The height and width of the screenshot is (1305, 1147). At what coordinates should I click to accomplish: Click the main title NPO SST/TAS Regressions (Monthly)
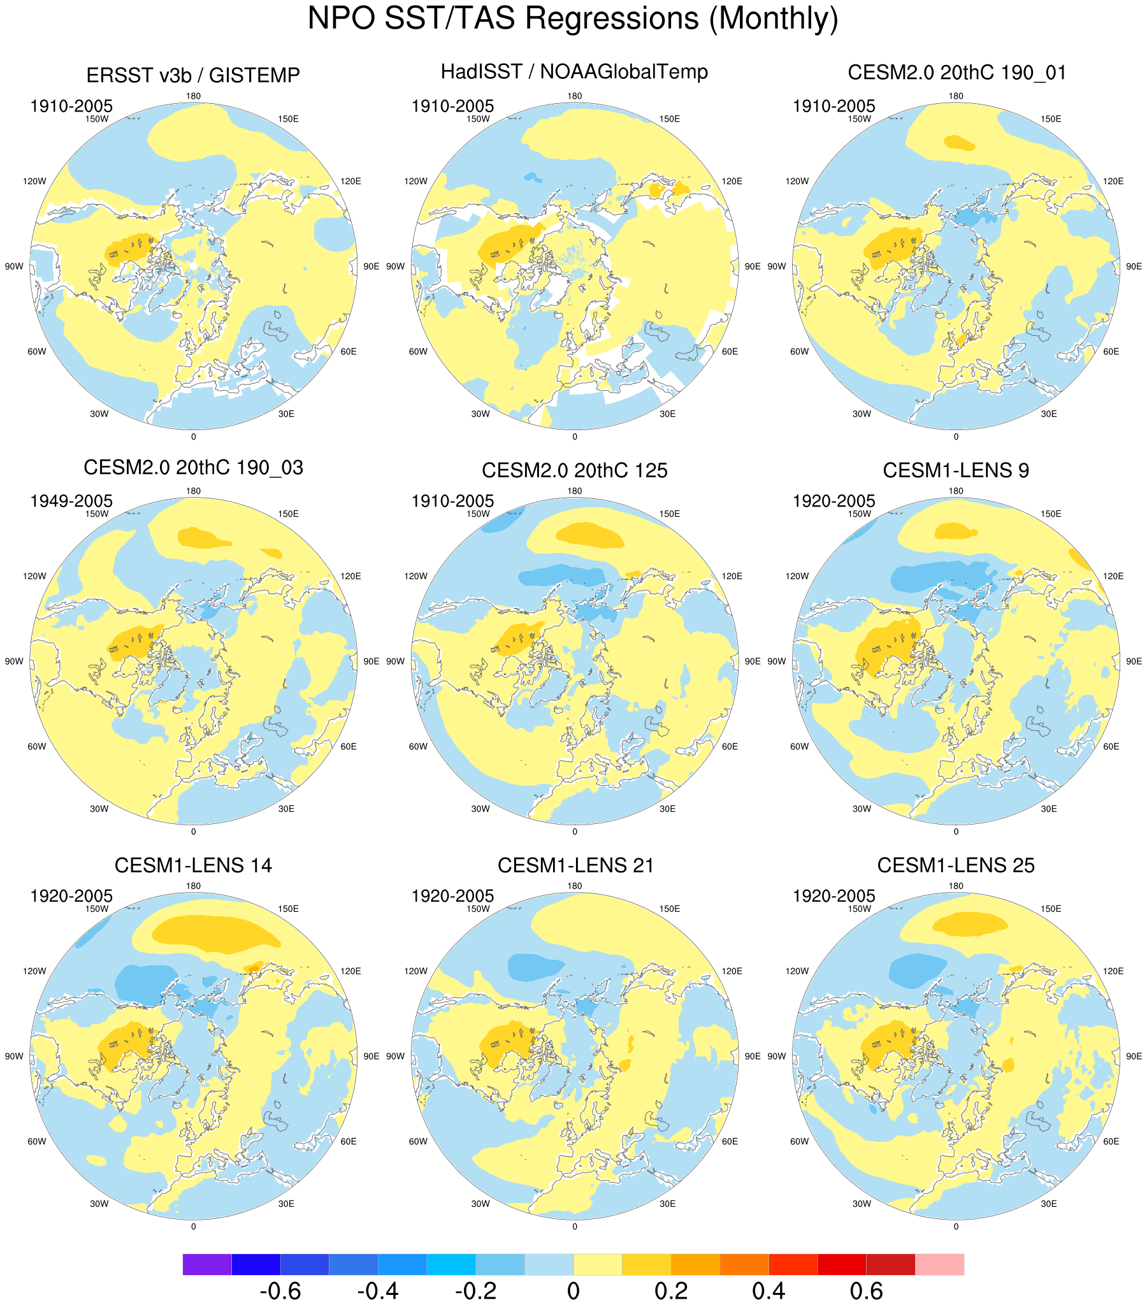[x=573, y=18]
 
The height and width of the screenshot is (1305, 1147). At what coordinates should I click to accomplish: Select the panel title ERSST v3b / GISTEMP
[x=193, y=75]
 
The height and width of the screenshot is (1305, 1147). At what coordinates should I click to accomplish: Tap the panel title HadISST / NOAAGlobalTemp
[x=574, y=71]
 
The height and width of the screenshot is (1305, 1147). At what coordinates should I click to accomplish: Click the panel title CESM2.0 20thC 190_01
[x=956, y=73]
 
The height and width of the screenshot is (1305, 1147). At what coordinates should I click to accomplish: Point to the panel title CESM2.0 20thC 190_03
[x=193, y=467]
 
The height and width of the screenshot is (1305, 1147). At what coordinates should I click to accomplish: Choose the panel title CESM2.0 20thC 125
[x=574, y=470]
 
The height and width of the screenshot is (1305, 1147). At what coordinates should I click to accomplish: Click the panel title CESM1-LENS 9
[x=955, y=470]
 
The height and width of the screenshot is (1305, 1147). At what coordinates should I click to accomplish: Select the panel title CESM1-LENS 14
[x=193, y=865]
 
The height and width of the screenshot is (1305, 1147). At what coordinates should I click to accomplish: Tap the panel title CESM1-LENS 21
[x=575, y=865]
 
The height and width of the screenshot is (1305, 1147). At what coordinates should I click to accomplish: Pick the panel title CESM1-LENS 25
[x=955, y=865]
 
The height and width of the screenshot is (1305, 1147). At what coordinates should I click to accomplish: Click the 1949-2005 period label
[x=71, y=501]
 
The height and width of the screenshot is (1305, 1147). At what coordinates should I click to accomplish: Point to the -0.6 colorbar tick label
[x=280, y=1290]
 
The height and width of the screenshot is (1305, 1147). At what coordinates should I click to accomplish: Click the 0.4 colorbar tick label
[x=768, y=1290]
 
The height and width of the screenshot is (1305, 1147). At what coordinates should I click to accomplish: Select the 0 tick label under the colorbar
[x=573, y=1290]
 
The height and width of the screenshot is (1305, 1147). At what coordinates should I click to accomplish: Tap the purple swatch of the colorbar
[x=207, y=1264]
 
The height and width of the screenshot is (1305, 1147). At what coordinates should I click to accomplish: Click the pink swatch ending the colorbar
[x=939, y=1264]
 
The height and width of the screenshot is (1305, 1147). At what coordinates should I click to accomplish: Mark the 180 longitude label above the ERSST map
[x=193, y=96]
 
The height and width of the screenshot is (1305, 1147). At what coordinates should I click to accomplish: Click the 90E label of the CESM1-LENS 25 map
[x=1134, y=1056]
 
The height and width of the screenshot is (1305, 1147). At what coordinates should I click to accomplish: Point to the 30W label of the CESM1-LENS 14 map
[x=99, y=1204]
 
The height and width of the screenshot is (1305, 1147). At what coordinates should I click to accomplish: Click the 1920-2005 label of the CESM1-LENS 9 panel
[x=833, y=501]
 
